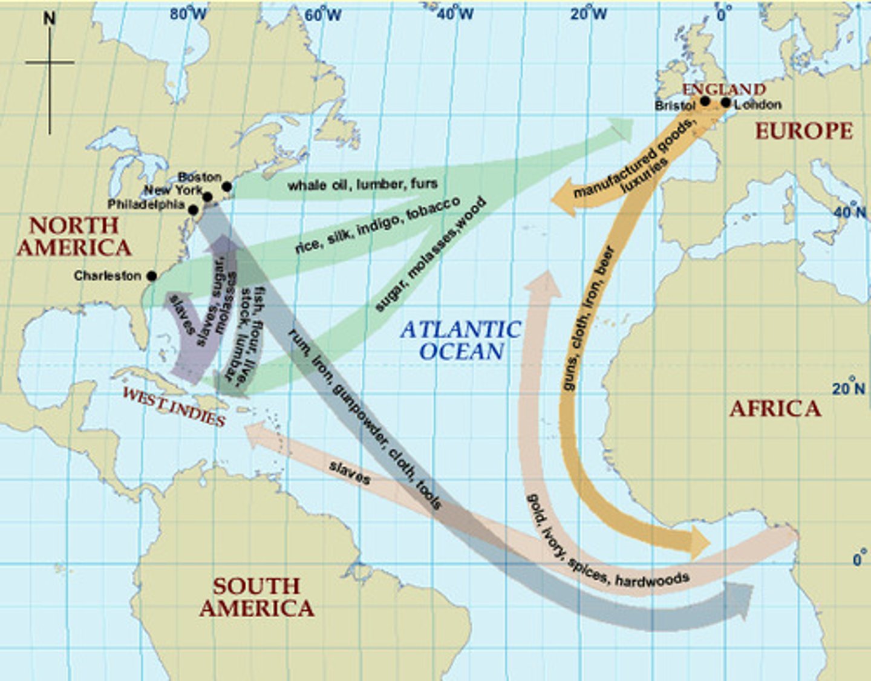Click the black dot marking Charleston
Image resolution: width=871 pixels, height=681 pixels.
pyautogui.click(x=152, y=276)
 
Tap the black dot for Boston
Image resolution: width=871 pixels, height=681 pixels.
pyautogui.click(x=227, y=186)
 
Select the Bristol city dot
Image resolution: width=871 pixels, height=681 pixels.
pyautogui.click(x=705, y=101)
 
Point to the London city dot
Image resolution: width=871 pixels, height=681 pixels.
pyautogui.click(x=726, y=103)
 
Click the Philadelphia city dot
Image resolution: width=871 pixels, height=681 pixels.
pyautogui.click(x=193, y=210)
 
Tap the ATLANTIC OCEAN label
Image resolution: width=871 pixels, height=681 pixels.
pyautogui.click(x=461, y=340)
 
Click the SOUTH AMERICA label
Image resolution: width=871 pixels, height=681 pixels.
pyautogui.click(x=256, y=597)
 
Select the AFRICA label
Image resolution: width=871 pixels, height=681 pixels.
pyautogui.click(x=775, y=409)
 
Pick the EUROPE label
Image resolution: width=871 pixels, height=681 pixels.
pyautogui.click(x=803, y=131)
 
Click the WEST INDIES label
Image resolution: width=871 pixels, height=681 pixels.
pyautogui.click(x=174, y=406)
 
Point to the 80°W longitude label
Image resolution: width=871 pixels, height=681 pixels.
pyautogui.click(x=188, y=13)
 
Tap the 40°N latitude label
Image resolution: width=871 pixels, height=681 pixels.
pyautogui.click(x=850, y=211)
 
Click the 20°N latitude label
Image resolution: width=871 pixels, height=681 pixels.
pyautogui.click(x=849, y=387)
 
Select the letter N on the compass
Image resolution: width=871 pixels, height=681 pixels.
pyautogui.click(x=50, y=18)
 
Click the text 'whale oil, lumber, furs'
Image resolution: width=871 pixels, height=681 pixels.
pyautogui.click(x=362, y=184)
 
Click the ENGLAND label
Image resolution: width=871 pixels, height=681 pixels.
pyautogui.click(x=724, y=90)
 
